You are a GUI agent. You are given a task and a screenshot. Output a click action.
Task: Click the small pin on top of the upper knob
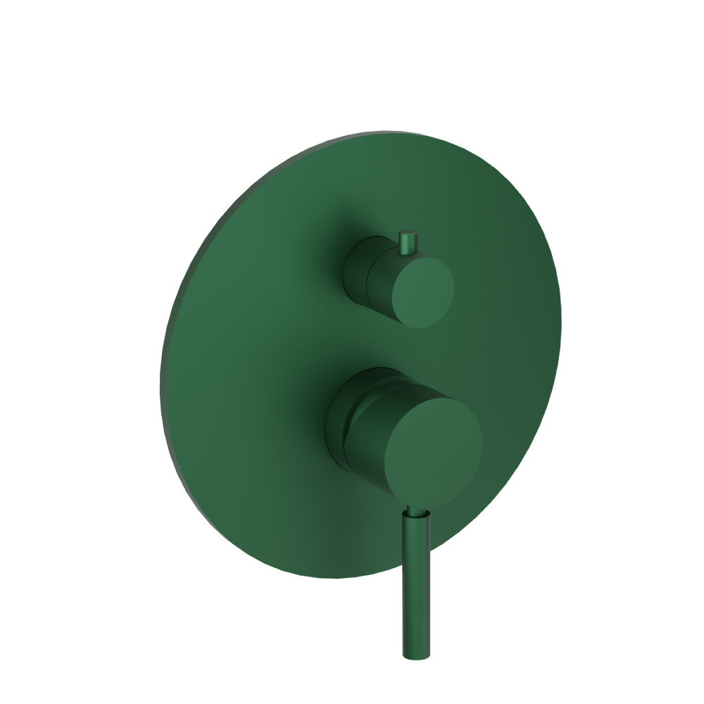[x=408, y=241]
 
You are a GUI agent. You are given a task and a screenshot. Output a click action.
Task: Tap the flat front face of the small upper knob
[x=422, y=291]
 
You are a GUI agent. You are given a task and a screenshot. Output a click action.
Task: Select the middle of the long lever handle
[x=415, y=584]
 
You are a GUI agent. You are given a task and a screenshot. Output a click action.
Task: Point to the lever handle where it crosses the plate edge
[x=415, y=574]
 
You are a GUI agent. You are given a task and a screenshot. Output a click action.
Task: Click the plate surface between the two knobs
[x=394, y=345]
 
